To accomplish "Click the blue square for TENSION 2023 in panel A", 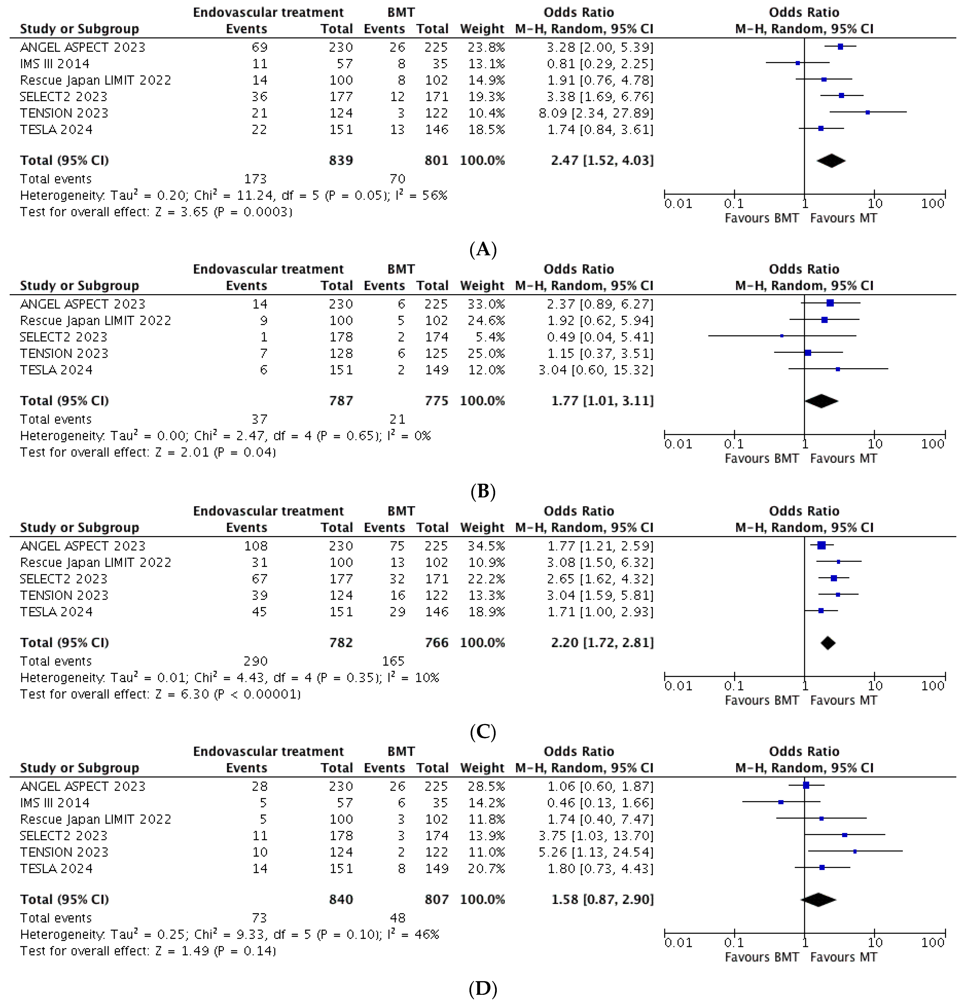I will [x=868, y=112].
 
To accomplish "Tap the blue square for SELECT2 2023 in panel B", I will [x=782, y=336].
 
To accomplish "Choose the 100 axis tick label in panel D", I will [x=932, y=942].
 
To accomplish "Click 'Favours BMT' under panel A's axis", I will [x=761, y=218].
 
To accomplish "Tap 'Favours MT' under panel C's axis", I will [x=844, y=700].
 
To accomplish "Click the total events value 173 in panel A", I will [x=255, y=179].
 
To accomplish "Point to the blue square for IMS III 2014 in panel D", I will [x=781, y=802].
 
